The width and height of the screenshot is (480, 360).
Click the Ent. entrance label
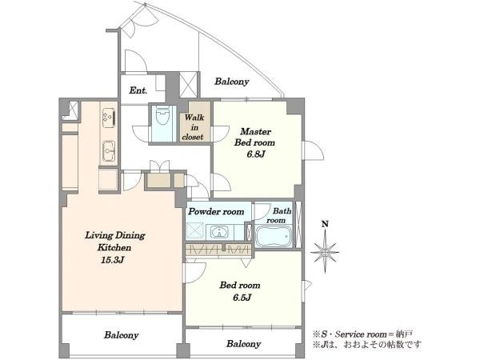(x=138, y=90)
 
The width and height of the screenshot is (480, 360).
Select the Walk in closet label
(x=194, y=127)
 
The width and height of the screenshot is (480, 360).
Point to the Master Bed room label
(x=254, y=137)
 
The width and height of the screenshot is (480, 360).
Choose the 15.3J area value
(x=112, y=260)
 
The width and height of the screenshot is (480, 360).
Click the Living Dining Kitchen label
(x=114, y=242)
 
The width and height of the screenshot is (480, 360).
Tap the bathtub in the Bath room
(x=274, y=236)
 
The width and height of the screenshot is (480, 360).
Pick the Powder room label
(x=216, y=211)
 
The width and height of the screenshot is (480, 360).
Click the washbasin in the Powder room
(x=219, y=233)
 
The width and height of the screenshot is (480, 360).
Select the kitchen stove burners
(x=109, y=118)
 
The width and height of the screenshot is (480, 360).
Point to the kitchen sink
(x=109, y=151)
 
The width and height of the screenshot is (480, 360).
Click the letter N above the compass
(x=325, y=224)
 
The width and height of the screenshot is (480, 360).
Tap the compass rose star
(x=325, y=253)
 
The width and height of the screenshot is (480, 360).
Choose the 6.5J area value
(x=242, y=298)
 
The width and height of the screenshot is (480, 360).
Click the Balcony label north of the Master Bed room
(x=232, y=82)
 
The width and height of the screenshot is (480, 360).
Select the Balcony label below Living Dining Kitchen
(x=122, y=335)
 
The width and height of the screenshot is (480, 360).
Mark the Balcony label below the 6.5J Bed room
(x=244, y=343)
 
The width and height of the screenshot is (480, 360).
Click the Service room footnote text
(x=362, y=334)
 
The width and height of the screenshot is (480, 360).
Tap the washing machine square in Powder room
(x=195, y=230)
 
